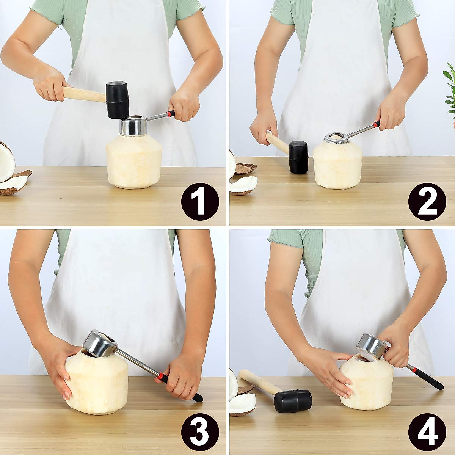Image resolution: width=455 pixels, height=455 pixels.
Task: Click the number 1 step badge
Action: tap(200, 201)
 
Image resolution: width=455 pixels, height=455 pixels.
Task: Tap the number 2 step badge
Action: tap(427, 201)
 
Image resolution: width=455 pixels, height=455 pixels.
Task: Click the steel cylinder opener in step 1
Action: tap(133, 126)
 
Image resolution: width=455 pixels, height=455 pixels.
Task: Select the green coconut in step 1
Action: tap(135, 161)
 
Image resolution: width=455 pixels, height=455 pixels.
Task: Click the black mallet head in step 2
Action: tap(298, 157)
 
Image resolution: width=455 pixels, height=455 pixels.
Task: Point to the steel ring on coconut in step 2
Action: tap(337, 138)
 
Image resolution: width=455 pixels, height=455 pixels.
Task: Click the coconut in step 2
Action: tap(337, 167)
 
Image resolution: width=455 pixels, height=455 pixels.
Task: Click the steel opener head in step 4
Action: tap(371, 346)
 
